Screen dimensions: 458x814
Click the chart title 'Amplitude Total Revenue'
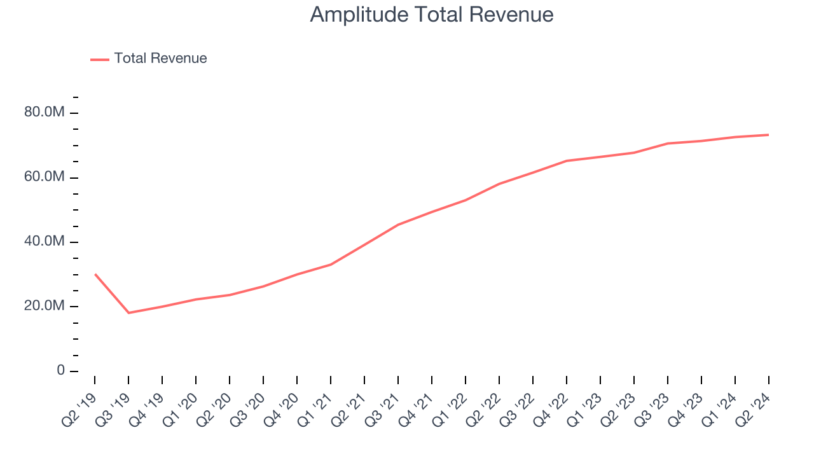coord(432,15)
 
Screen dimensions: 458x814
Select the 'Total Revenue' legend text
coord(160,59)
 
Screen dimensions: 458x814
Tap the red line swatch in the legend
coord(100,59)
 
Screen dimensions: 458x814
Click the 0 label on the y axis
coord(60,370)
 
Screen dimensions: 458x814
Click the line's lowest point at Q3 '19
coord(128,313)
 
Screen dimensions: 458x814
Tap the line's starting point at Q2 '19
coord(95,274)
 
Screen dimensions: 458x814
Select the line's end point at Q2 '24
coord(769,135)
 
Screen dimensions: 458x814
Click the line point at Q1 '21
coord(331,265)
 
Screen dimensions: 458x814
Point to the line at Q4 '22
coord(567,161)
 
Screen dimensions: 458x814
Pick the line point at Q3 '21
coord(398,225)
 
